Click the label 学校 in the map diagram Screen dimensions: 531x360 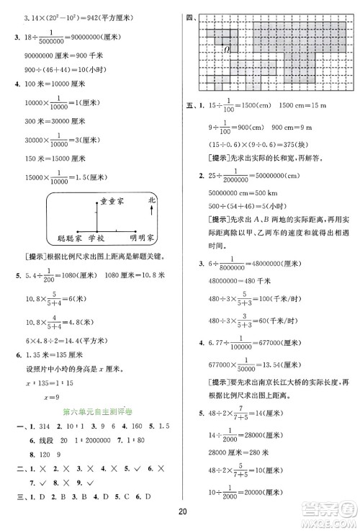pos(96,236)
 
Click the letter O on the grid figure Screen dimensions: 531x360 pos(225,49)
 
